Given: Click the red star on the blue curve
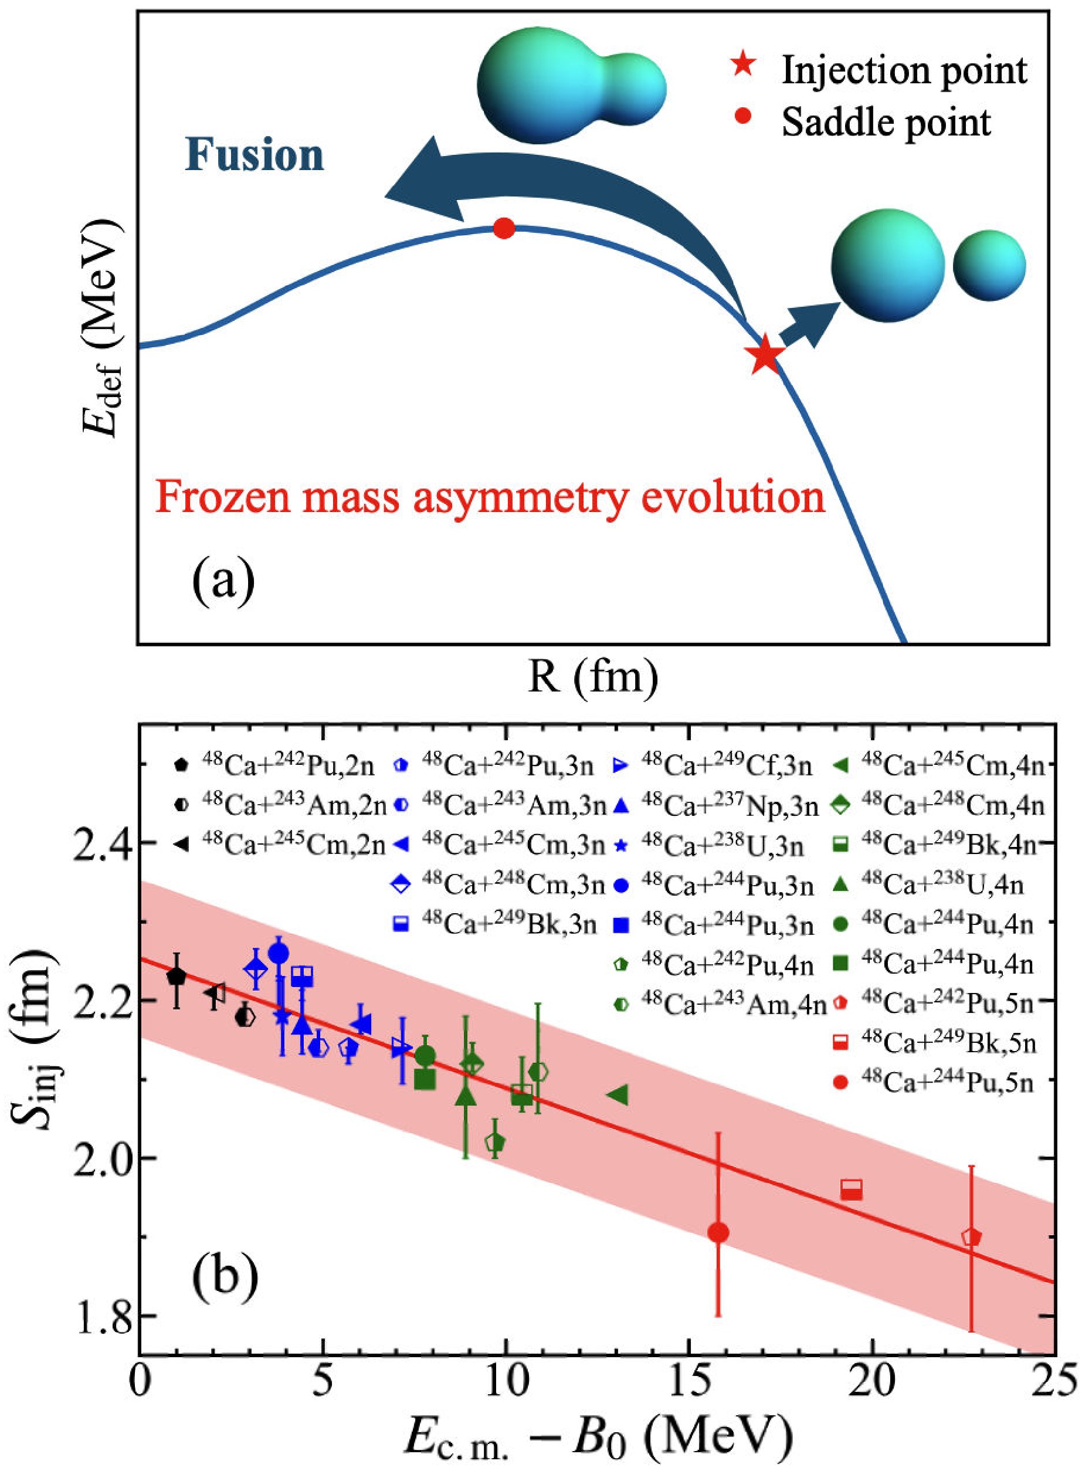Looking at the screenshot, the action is click(765, 357).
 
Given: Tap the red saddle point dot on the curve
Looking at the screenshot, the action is click(504, 229).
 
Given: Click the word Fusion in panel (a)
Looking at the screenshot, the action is click(254, 156).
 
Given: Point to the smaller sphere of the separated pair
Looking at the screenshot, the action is click(989, 266).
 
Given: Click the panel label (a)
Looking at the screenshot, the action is click(223, 579).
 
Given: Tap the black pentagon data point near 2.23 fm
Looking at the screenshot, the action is click(176, 976).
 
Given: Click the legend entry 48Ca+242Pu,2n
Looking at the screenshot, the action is click(274, 765).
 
